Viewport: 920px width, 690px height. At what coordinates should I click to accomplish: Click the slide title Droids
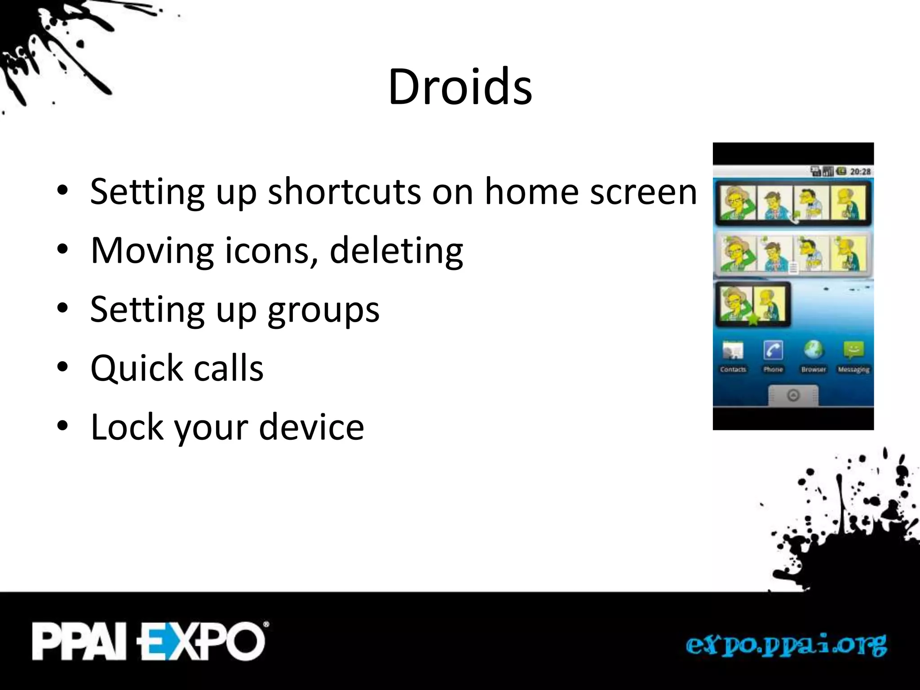[460, 86]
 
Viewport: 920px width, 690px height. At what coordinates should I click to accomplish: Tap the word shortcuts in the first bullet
[344, 192]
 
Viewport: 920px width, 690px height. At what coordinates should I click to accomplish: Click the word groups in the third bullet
[323, 310]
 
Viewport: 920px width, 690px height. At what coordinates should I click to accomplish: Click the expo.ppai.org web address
[786, 645]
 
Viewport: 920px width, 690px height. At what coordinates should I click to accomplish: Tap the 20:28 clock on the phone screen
[860, 172]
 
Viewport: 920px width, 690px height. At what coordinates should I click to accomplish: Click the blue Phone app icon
[773, 350]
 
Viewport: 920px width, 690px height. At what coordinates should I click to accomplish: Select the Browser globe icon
[814, 350]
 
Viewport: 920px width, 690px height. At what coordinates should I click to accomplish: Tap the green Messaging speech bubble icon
[854, 350]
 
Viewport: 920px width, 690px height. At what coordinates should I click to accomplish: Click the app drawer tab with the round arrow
[793, 395]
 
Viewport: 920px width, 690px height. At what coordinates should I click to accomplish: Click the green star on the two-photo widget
[753, 319]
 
